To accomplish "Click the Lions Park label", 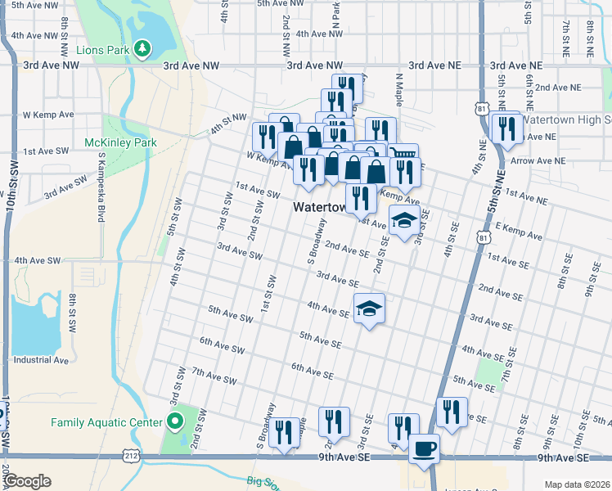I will click(102, 50).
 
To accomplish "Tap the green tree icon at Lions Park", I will click(143, 49).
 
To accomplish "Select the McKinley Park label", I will click(120, 142).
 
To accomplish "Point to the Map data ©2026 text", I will click(578, 484).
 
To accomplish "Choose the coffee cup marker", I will click(424, 448).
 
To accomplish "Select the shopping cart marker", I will click(403, 155).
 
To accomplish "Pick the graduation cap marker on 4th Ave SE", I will click(370, 309).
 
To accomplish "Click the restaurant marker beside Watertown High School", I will click(506, 128).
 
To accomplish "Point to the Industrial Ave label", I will click(41, 360).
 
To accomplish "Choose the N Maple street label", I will click(400, 90).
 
